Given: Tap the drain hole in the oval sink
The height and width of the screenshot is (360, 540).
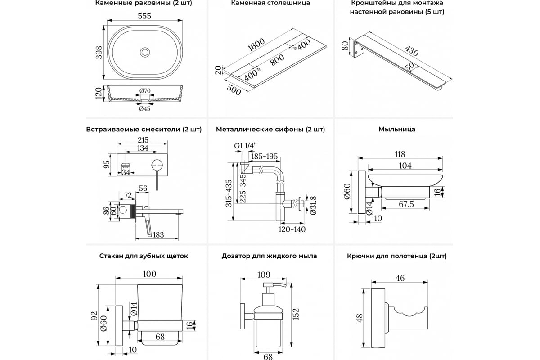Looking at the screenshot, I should point(145,52).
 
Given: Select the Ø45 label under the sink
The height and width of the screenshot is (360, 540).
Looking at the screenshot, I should point(145,109).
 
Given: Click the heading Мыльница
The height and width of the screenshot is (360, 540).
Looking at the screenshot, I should point(396,130).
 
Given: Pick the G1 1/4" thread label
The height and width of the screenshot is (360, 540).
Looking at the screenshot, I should point(245,145).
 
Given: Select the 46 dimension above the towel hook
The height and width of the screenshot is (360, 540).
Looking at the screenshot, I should point(400,278).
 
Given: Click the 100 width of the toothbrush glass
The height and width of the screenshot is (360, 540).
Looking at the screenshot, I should point(149,274).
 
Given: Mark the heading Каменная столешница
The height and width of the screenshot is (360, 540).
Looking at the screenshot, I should point(270,4).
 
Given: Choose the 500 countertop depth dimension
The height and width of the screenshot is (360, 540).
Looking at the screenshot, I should point(234,89).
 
